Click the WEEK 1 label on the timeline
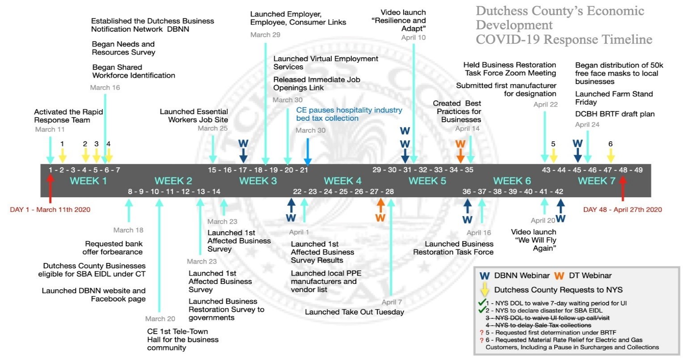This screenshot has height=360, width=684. [88, 181]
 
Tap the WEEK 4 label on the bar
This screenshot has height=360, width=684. [342, 181]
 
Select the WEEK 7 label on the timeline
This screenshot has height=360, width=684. [596, 181]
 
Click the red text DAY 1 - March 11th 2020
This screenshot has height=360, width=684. [50, 210]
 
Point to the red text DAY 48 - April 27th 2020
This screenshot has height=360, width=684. [622, 210]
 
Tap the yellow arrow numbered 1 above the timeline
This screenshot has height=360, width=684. [62, 155]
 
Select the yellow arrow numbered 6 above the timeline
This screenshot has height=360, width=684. [610, 155]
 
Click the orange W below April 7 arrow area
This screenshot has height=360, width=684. [380, 218]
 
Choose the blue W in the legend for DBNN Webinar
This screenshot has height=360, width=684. [484, 276]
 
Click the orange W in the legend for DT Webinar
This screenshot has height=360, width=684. [559, 276]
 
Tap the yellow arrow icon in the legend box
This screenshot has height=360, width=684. [484, 290]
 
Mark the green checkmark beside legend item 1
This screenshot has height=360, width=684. [482, 302]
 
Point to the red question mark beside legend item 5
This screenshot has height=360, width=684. [481, 332]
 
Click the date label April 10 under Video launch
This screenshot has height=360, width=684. [413, 38]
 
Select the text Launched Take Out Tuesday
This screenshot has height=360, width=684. [354, 312]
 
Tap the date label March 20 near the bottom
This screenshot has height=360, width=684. [160, 319]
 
